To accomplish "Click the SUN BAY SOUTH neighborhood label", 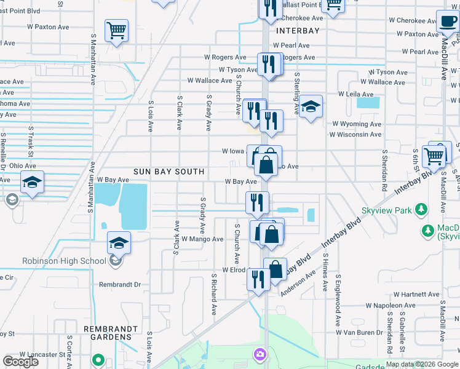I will [169, 171].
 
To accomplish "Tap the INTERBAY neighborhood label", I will [299, 31].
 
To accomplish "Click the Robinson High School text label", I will [64, 261].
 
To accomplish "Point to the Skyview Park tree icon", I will [421, 211].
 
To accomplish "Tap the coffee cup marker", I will [447, 23].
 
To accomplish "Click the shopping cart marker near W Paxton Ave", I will [116, 30].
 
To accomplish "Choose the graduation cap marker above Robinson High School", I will [119, 242].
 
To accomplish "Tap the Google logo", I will [20, 362].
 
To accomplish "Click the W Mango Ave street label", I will [202, 239].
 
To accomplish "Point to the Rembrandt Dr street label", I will [120, 285].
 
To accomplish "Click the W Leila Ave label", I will [355, 94].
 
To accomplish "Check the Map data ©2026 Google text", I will [422, 364].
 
